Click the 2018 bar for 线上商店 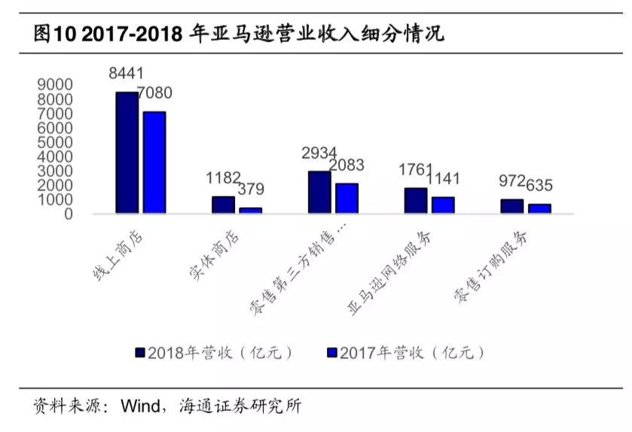pyautogui.click(x=127, y=153)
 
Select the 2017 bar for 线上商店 pyautogui.click(x=154, y=163)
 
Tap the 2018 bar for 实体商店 pyautogui.click(x=223, y=205)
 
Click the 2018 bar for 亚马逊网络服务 pyautogui.click(x=416, y=201)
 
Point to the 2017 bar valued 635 pyautogui.click(x=539, y=208)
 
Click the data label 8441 pyautogui.click(x=127, y=74)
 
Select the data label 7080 pyautogui.click(x=154, y=93)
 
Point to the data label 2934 pyautogui.click(x=319, y=154)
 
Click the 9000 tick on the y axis pyautogui.click(x=55, y=84)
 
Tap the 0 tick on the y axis pyautogui.click(x=68, y=214)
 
